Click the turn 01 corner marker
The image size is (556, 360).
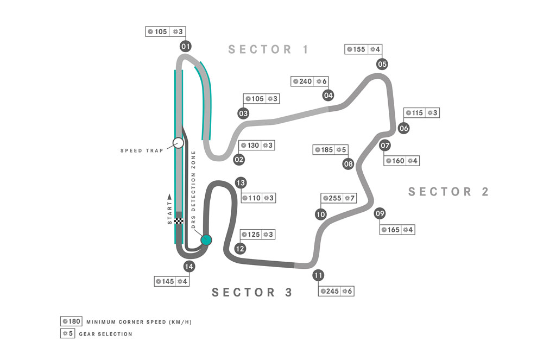click(186, 46)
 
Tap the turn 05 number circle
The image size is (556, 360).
click(382, 64)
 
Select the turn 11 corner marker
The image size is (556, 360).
click(318, 275)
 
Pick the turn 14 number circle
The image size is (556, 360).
click(189, 267)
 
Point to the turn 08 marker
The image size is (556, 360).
click(348, 164)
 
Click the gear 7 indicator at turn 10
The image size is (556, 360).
click(349, 198)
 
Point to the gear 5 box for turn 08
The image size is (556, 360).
click(341, 150)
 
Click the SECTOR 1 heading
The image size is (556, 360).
click(268, 49)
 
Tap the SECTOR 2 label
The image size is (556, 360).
click(448, 192)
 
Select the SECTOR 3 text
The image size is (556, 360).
click(252, 292)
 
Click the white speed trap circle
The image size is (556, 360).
click(178, 143)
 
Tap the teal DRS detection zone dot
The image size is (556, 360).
click(206, 240)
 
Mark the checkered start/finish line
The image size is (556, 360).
click(179, 221)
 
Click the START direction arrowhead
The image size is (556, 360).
click(169, 197)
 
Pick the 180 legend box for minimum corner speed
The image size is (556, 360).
click(71, 321)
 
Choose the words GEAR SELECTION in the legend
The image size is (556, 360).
click(106, 334)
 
